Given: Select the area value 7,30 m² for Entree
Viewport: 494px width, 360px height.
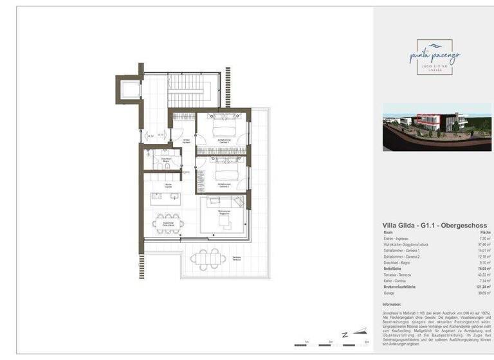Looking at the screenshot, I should point(484,239).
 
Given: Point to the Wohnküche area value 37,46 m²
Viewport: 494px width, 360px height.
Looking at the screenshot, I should point(484,245).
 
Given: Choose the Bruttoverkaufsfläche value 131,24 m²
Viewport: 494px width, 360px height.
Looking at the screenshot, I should point(482,287).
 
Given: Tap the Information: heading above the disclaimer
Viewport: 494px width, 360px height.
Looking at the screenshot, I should point(392,305).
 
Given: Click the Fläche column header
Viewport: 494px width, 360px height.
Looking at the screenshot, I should point(485,232).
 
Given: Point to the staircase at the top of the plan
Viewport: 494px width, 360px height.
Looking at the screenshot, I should point(186,91).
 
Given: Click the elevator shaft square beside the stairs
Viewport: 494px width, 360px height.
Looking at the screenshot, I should point(129,89).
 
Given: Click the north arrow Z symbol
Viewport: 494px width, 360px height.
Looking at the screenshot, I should point(345,335).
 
